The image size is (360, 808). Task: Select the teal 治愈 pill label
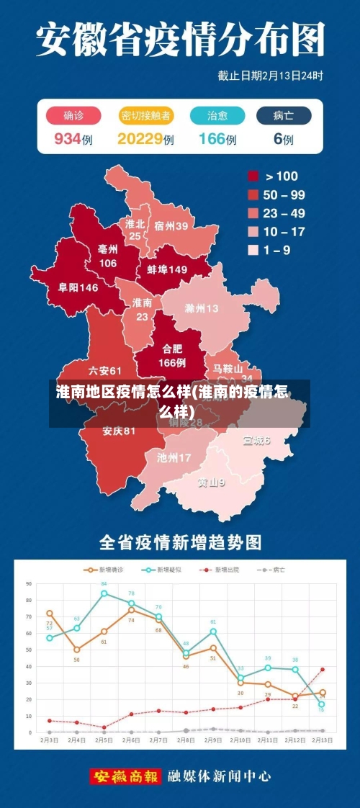[217, 116]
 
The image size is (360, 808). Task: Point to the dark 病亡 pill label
[283, 116]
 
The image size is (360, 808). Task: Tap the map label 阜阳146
[78, 287]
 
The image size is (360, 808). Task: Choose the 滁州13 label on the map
[202, 308]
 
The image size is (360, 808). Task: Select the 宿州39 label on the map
[171, 226]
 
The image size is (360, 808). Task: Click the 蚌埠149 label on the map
[167, 269]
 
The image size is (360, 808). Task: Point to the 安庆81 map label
[119, 431]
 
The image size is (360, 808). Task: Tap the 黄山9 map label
[212, 482]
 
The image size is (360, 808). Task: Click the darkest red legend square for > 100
[253, 176]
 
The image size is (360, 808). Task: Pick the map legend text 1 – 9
[278, 251]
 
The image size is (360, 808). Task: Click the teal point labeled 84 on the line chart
[104, 593]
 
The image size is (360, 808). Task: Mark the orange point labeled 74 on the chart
[131, 610]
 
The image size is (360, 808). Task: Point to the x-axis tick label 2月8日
[186, 740]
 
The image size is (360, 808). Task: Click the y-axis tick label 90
[30, 584]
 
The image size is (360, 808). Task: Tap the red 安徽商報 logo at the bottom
[125, 776]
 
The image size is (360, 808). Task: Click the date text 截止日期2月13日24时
[270, 75]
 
